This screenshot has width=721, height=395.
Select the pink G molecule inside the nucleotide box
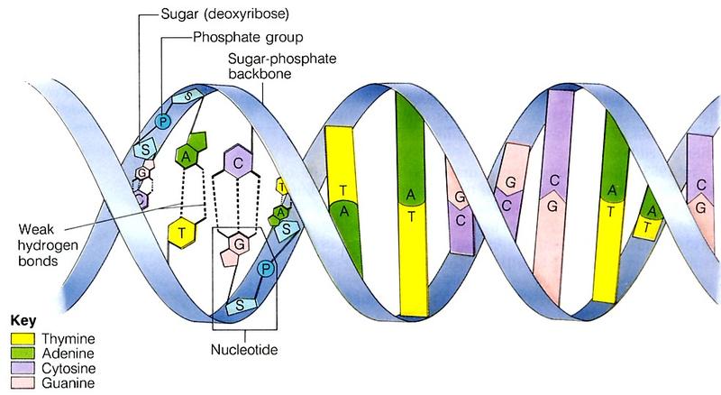240,244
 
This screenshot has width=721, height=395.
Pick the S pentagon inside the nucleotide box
242,305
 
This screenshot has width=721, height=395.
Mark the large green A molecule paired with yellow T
189,155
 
